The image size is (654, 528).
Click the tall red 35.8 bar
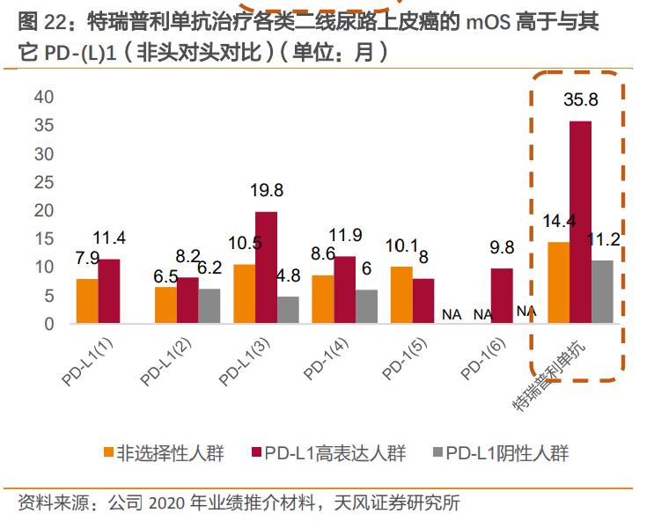point(581,222)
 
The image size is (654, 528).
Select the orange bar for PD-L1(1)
point(87,301)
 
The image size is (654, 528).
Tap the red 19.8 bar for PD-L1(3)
point(267,268)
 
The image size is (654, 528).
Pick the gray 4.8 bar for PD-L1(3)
point(288,310)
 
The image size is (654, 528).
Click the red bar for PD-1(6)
point(502,296)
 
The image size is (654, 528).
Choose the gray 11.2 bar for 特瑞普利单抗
point(602,291)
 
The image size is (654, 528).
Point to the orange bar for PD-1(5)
point(401,295)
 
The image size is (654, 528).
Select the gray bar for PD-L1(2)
point(209,305)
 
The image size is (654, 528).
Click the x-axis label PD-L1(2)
point(166,361)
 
